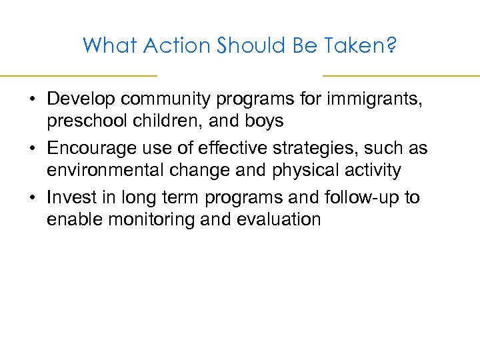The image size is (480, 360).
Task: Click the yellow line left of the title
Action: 78,75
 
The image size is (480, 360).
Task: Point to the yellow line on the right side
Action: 401,75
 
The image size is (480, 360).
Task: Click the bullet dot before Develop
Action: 32,99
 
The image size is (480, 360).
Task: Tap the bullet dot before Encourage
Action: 32,149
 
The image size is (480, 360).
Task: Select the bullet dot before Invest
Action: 32,198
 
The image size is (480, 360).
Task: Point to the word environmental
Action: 107,171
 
